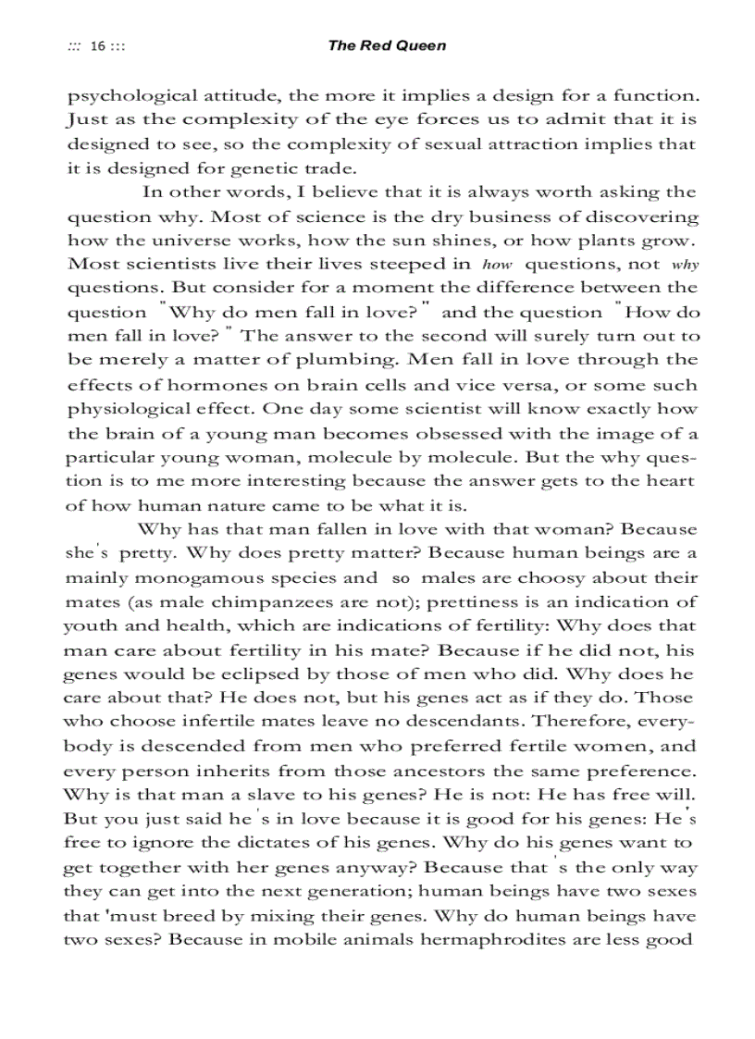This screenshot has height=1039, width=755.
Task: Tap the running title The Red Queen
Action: [x=387, y=45]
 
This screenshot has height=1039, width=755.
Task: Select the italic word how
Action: [x=498, y=265]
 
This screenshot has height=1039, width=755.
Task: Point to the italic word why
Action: [x=686, y=265]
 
